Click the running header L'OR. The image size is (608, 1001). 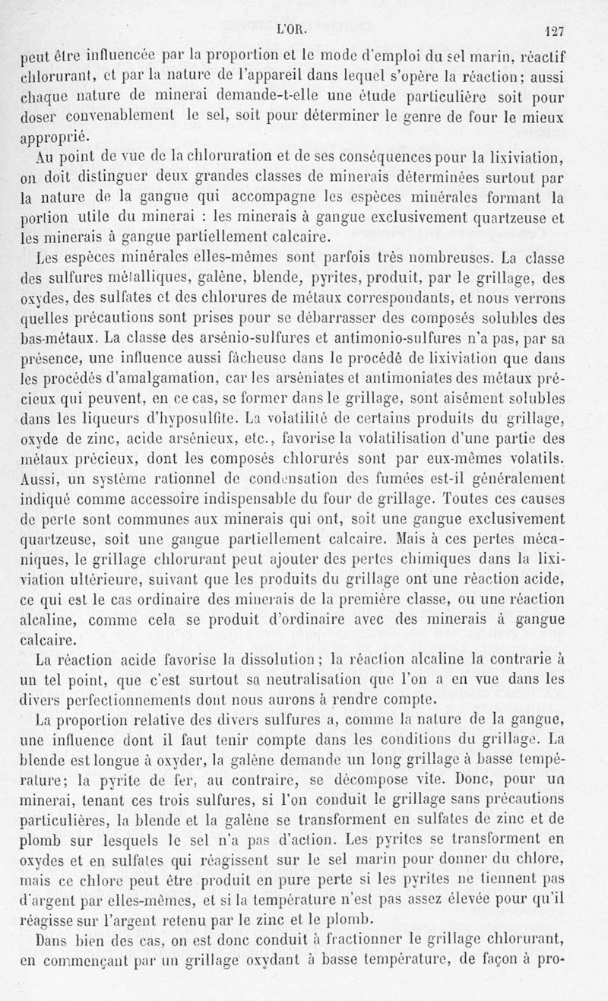(292, 32)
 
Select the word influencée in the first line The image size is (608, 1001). (109, 56)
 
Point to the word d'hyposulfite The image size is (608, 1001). (169, 417)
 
